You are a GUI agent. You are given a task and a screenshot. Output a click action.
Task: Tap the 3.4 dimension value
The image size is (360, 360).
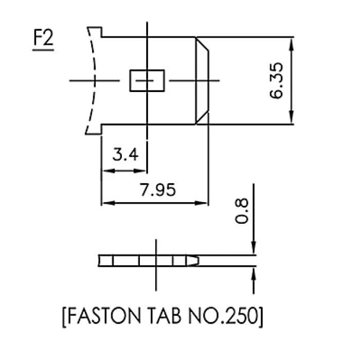[x=125, y=154]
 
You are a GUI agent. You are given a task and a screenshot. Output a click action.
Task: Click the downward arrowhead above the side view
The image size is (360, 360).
[x=254, y=249]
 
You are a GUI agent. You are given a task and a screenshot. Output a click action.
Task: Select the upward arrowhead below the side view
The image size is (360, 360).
[x=254, y=272]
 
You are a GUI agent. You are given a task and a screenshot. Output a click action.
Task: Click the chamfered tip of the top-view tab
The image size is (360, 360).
[x=203, y=81]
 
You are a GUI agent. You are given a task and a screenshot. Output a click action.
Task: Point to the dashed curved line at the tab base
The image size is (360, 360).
[x=93, y=81]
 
